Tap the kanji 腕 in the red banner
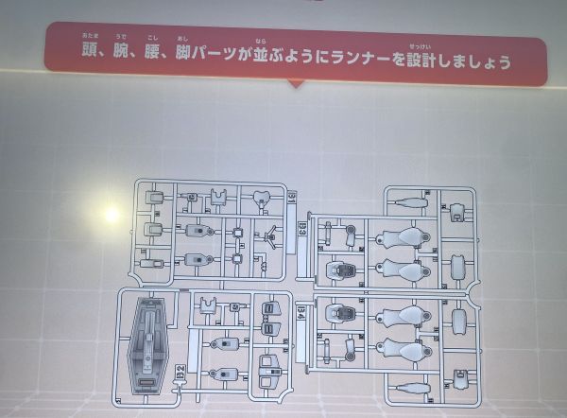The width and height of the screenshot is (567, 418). (121, 61)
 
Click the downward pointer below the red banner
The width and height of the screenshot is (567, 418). (295, 84)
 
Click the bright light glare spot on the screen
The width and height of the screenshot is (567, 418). (111, 216)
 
